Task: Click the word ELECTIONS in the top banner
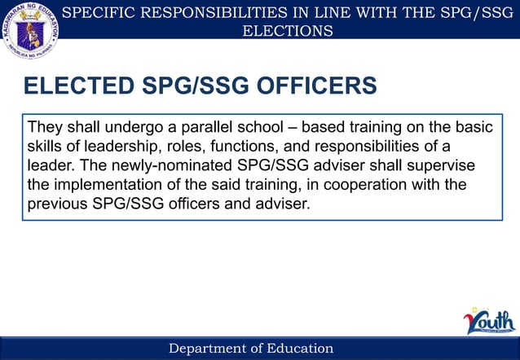click(x=288, y=31)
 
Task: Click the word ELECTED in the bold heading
click(x=78, y=86)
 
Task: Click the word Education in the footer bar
click(x=297, y=349)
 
